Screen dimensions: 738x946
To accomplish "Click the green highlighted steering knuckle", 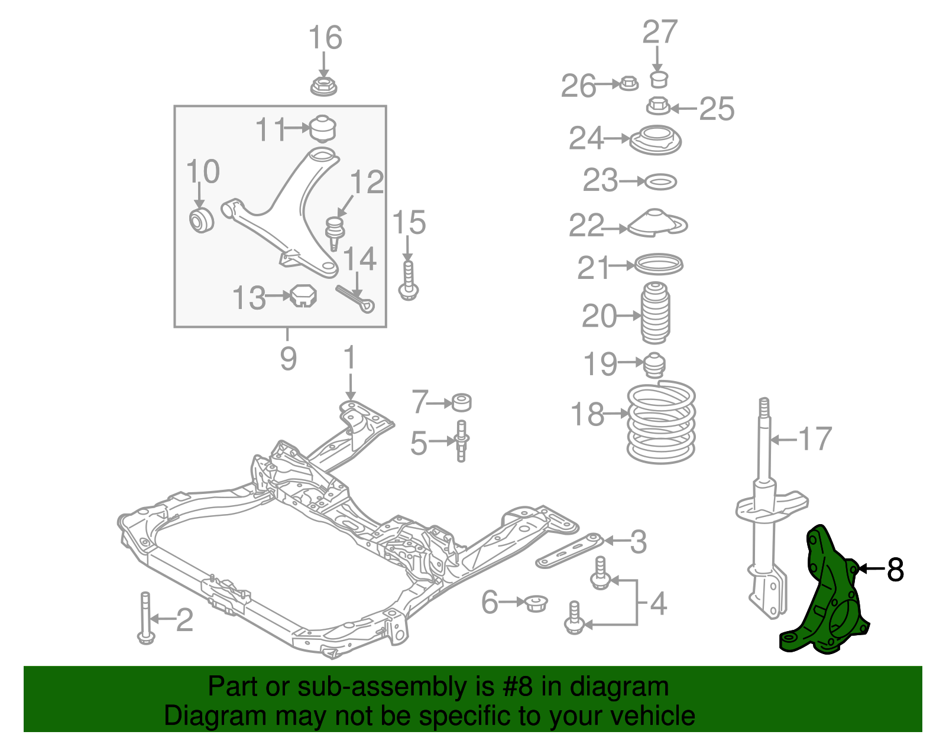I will click(828, 597).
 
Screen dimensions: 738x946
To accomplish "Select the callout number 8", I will click(895, 570).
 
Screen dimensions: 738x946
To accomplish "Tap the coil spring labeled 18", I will click(661, 422).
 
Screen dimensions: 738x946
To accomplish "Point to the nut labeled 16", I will click(323, 86).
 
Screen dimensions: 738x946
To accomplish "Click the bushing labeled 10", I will click(200, 220).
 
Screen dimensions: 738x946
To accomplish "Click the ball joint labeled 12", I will click(335, 232).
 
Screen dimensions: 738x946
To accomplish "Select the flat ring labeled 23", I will click(660, 182).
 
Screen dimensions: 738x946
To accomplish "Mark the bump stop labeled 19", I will click(655, 365).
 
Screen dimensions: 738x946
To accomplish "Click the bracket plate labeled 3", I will click(569, 551).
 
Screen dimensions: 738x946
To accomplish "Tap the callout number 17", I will click(815, 439).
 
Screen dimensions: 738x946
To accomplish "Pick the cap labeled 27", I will click(659, 79).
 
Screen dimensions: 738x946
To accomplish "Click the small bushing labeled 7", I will click(461, 402).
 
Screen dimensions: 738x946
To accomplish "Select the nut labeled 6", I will click(536, 603).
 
